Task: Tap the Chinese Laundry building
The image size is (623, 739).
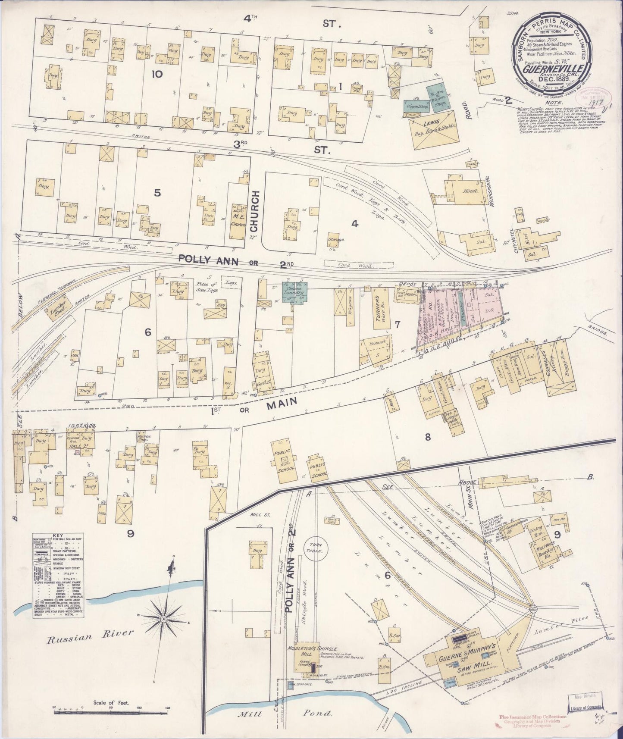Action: [x=292, y=291]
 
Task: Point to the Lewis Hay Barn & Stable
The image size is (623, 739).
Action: [x=434, y=129]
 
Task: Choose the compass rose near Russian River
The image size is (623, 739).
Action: [x=164, y=619]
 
